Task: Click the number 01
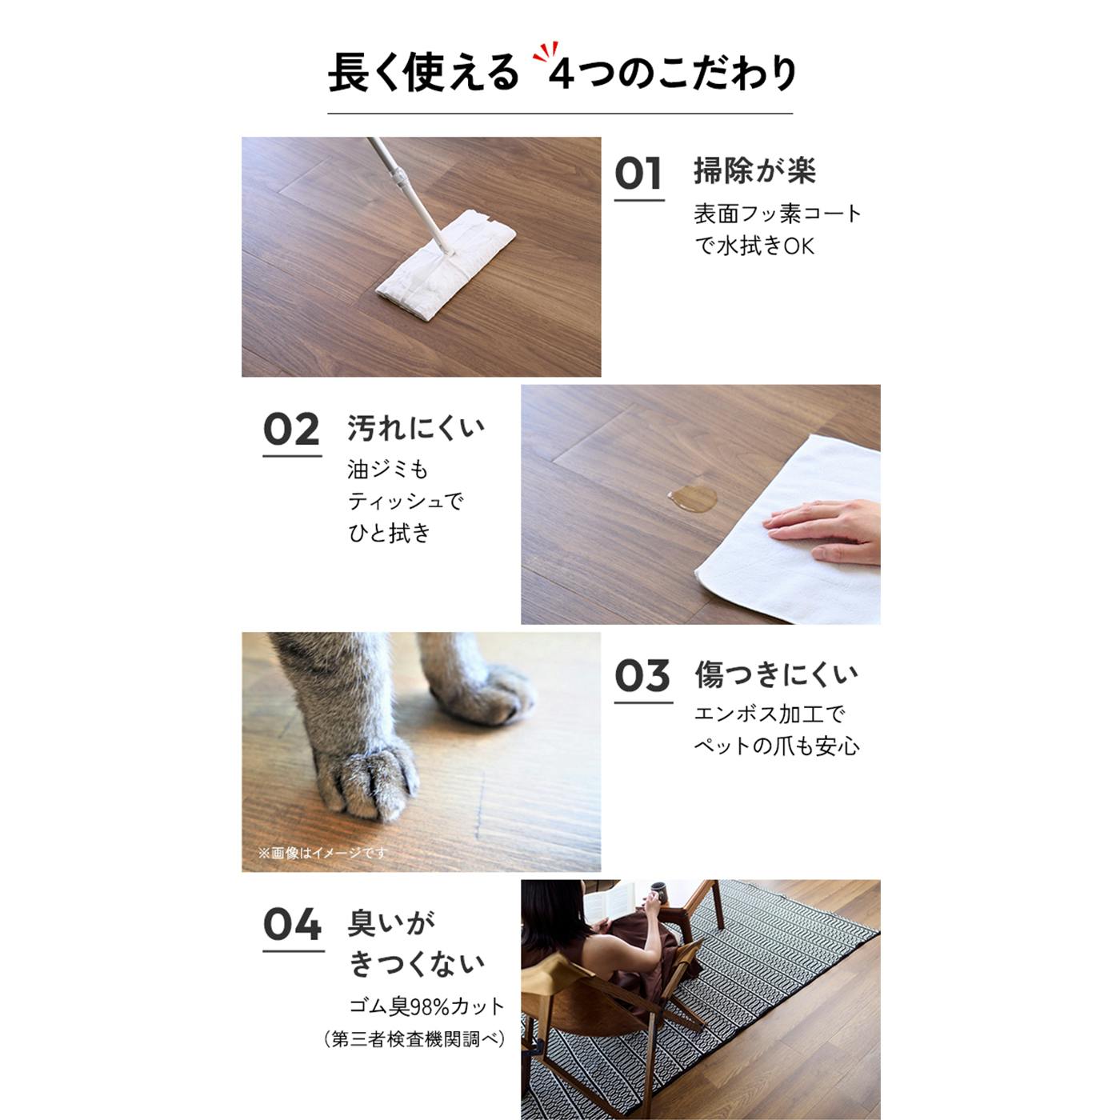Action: pyautogui.click(x=638, y=174)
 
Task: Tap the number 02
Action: pyautogui.click(x=291, y=430)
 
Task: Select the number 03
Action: pyautogui.click(x=642, y=676)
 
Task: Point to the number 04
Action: pyautogui.click(x=292, y=925)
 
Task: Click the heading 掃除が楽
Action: pyautogui.click(x=754, y=170)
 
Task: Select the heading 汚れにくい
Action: pyautogui.click(x=415, y=428)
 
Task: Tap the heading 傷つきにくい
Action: pyautogui.click(x=776, y=674)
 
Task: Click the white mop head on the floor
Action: pyautogui.click(x=446, y=265)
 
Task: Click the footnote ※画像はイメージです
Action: pyautogui.click(x=322, y=853)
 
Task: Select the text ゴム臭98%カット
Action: pyautogui.click(x=426, y=1006)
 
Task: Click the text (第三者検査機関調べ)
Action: pyautogui.click(x=415, y=1038)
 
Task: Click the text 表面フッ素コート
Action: pyautogui.click(x=777, y=214)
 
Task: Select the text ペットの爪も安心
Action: pyautogui.click(x=776, y=746)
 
